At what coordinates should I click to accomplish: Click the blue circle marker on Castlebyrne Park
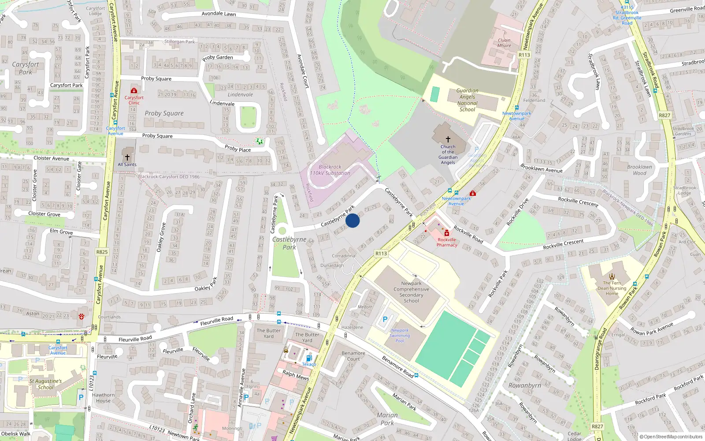tap(352, 220)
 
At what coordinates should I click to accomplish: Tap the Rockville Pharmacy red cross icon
tap(446, 233)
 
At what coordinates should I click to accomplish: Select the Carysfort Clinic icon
tap(134, 91)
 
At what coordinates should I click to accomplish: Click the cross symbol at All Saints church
tap(127, 157)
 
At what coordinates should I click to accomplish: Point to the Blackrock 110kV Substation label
tap(330, 170)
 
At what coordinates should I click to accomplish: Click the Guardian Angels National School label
tap(467, 100)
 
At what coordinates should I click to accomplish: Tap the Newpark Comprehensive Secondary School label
tap(411, 292)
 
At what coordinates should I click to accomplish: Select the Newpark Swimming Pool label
tap(400, 335)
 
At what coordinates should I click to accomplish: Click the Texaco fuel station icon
tap(309, 358)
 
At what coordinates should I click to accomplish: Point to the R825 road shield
tap(102, 252)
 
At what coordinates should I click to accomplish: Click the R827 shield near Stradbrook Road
tap(664, 115)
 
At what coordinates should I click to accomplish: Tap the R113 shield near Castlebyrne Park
tap(381, 253)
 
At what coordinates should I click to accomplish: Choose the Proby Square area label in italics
tap(164, 113)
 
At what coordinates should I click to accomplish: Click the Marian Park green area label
tap(387, 419)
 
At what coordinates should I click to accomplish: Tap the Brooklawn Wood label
tap(639, 170)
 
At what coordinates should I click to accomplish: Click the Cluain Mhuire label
tap(504, 43)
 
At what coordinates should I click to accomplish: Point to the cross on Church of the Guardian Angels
tap(448, 139)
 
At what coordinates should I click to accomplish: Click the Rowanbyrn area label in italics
tap(524, 385)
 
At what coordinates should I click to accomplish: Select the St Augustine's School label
tap(45, 384)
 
